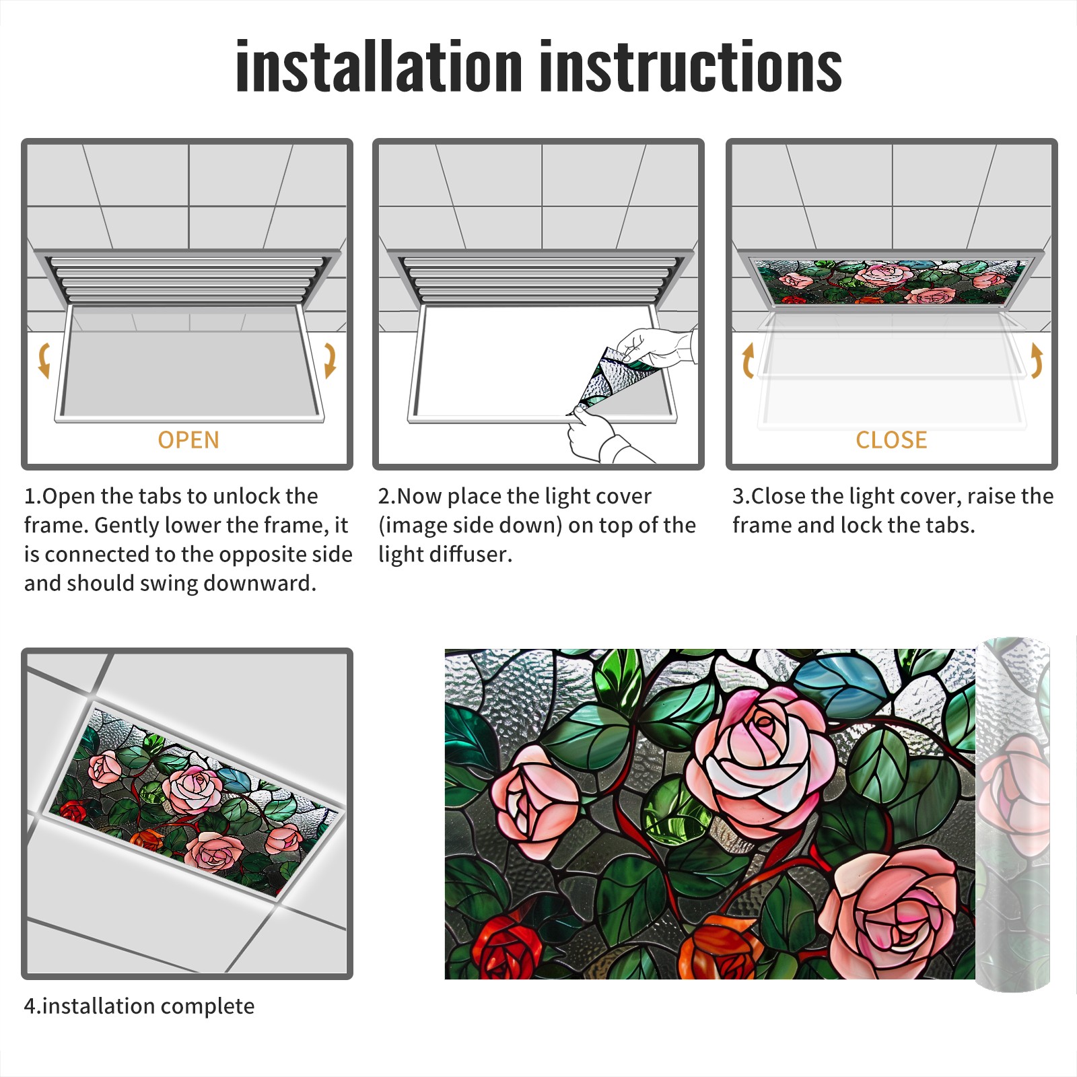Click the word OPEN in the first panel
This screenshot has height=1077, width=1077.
click(188, 440)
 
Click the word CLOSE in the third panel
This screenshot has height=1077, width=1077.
click(891, 440)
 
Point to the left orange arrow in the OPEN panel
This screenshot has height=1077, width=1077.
click(43, 360)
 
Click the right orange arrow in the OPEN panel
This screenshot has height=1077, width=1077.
click(330, 360)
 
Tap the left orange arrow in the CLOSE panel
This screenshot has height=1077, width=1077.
click(747, 360)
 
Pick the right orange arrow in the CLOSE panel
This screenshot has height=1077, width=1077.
click(1037, 360)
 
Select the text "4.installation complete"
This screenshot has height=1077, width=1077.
click(139, 1006)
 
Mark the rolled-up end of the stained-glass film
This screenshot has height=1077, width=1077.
click(1013, 814)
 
